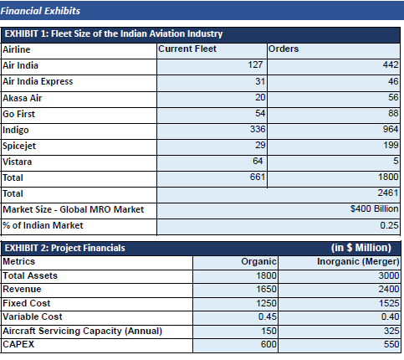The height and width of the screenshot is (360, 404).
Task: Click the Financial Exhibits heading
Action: [40, 11]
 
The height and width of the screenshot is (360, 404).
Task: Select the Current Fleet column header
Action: [187, 49]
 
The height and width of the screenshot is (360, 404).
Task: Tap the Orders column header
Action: [284, 49]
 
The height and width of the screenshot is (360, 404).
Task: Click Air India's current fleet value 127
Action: [255, 64]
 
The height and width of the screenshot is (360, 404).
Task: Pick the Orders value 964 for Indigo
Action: [391, 129]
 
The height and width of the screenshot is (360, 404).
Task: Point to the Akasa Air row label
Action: [23, 98]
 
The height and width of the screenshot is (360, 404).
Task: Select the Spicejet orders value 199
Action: [391, 145]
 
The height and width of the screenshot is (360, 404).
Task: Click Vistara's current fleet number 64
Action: [258, 161]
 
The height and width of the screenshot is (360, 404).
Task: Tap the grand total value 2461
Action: [388, 193]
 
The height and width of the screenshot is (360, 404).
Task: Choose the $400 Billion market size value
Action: [374, 208]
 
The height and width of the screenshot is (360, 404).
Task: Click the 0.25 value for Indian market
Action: [389, 225]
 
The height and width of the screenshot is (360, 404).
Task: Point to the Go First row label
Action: [18, 114]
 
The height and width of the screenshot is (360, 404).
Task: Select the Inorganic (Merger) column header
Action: [358, 262]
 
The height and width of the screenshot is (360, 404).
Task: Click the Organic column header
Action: [258, 262]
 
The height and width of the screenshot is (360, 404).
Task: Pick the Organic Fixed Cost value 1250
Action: [266, 303]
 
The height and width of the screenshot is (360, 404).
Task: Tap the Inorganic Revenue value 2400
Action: [389, 289]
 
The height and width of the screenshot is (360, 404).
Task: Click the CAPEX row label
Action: [18, 344]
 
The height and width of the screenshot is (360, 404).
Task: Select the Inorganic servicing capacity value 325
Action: [391, 331]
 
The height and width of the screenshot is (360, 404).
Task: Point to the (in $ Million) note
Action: [361, 248]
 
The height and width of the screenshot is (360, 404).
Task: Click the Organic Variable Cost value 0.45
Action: [267, 316]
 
